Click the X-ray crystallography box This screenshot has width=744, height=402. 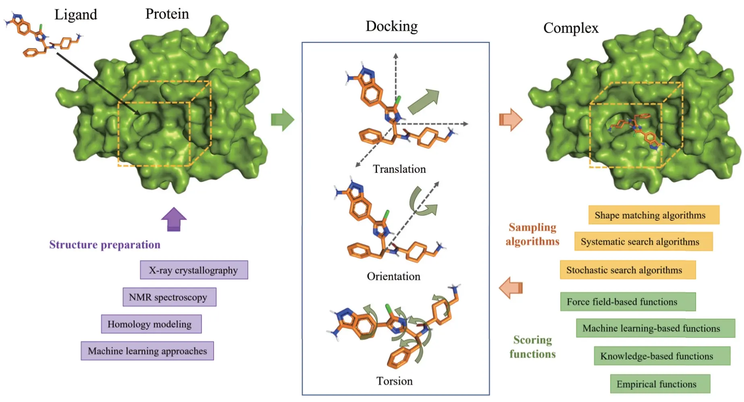pyautogui.click(x=194, y=270)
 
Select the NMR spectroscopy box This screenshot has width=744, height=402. pyautogui.click(x=169, y=297)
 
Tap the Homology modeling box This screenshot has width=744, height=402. pyautogui.click(x=151, y=324)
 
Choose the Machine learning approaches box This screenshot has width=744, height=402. pyautogui.click(x=147, y=351)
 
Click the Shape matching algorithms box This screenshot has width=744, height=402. pyautogui.click(x=653, y=215)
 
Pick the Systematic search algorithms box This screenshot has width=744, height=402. pyautogui.click(x=643, y=242)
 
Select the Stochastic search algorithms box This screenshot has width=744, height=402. pyautogui.click(x=627, y=270)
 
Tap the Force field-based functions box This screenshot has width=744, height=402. pyautogui.click(x=628, y=302)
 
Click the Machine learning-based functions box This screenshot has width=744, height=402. pyautogui.click(x=655, y=328)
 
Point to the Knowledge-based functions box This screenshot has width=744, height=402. pyautogui.click(x=661, y=356)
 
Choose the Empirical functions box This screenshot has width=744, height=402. pyautogui.click(x=660, y=384)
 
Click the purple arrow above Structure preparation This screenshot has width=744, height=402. pyautogui.click(x=174, y=219)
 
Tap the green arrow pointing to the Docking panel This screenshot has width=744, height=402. pyautogui.click(x=283, y=120)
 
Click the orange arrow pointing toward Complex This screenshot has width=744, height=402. pyautogui.click(x=511, y=120)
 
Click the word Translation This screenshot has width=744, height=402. pyautogui.click(x=399, y=169)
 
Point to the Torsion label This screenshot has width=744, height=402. pyautogui.click(x=394, y=381)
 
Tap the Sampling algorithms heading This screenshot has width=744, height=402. pyautogui.click(x=532, y=234)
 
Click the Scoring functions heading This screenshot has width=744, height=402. pyautogui.click(x=532, y=347)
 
